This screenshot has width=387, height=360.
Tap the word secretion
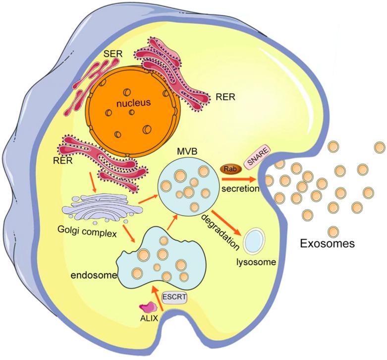pos(242,188)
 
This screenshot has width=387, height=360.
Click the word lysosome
pos(256,261)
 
